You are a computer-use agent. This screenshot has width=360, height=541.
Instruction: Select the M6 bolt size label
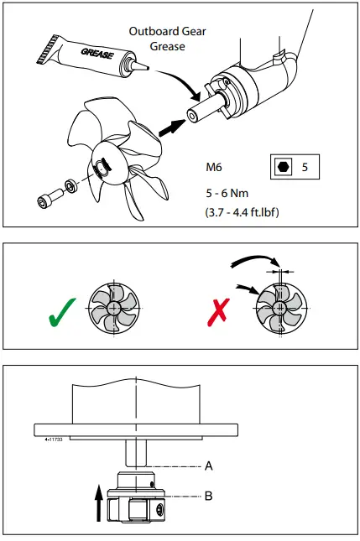click(x=215, y=166)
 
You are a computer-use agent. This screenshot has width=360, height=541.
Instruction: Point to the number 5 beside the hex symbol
click(x=305, y=166)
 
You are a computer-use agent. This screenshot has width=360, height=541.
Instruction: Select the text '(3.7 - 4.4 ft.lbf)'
click(x=242, y=212)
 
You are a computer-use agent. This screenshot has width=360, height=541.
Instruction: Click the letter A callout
click(x=208, y=465)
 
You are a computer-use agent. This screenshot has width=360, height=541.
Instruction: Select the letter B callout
click(x=208, y=497)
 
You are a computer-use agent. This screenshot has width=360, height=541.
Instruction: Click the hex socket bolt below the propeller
click(x=44, y=200)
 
